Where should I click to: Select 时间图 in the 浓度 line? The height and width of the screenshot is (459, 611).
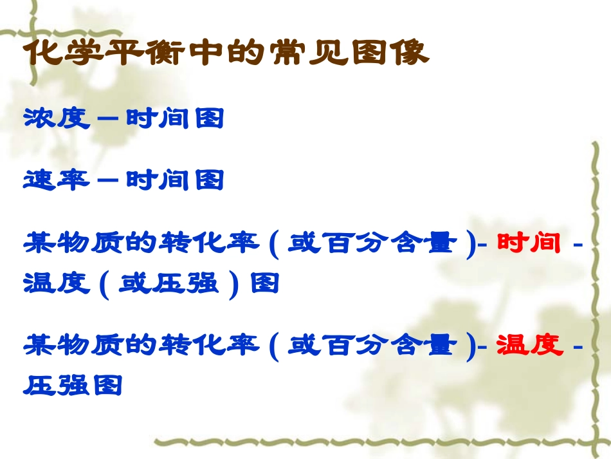tap(175, 118)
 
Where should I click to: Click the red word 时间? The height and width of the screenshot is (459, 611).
tap(529, 244)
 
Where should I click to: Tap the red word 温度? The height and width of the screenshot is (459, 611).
tap(529, 346)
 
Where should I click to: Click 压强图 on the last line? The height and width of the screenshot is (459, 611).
tap(73, 385)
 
